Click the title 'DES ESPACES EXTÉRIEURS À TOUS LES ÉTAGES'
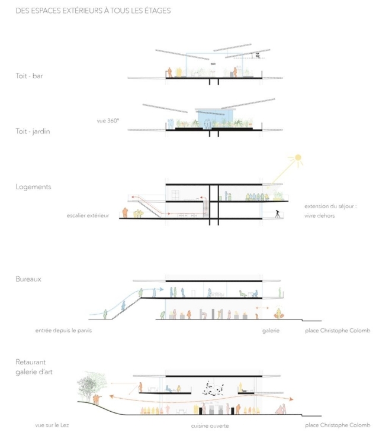(x=93, y=10)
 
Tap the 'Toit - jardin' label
(x=33, y=131)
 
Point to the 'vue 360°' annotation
(x=108, y=121)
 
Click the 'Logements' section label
(x=33, y=186)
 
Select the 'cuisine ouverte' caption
(x=210, y=425)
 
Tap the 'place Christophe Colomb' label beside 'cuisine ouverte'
(x=337, y=425)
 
